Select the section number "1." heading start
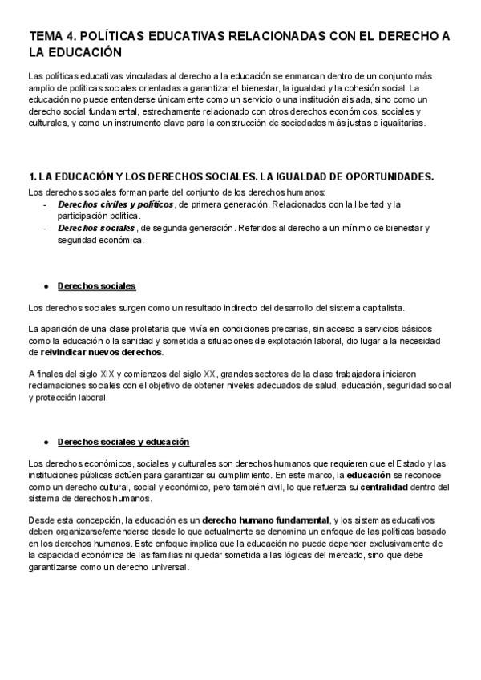pyautogui.click(x=31, y=176)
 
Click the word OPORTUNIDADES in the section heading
pyautogui.click(x=386, y=176)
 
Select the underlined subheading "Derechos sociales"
pyautogui.click(x=96, y=286)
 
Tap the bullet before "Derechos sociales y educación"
pyautogui.click(x=47, y=442)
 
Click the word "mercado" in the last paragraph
pyautogui.click(x=345, y=555)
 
